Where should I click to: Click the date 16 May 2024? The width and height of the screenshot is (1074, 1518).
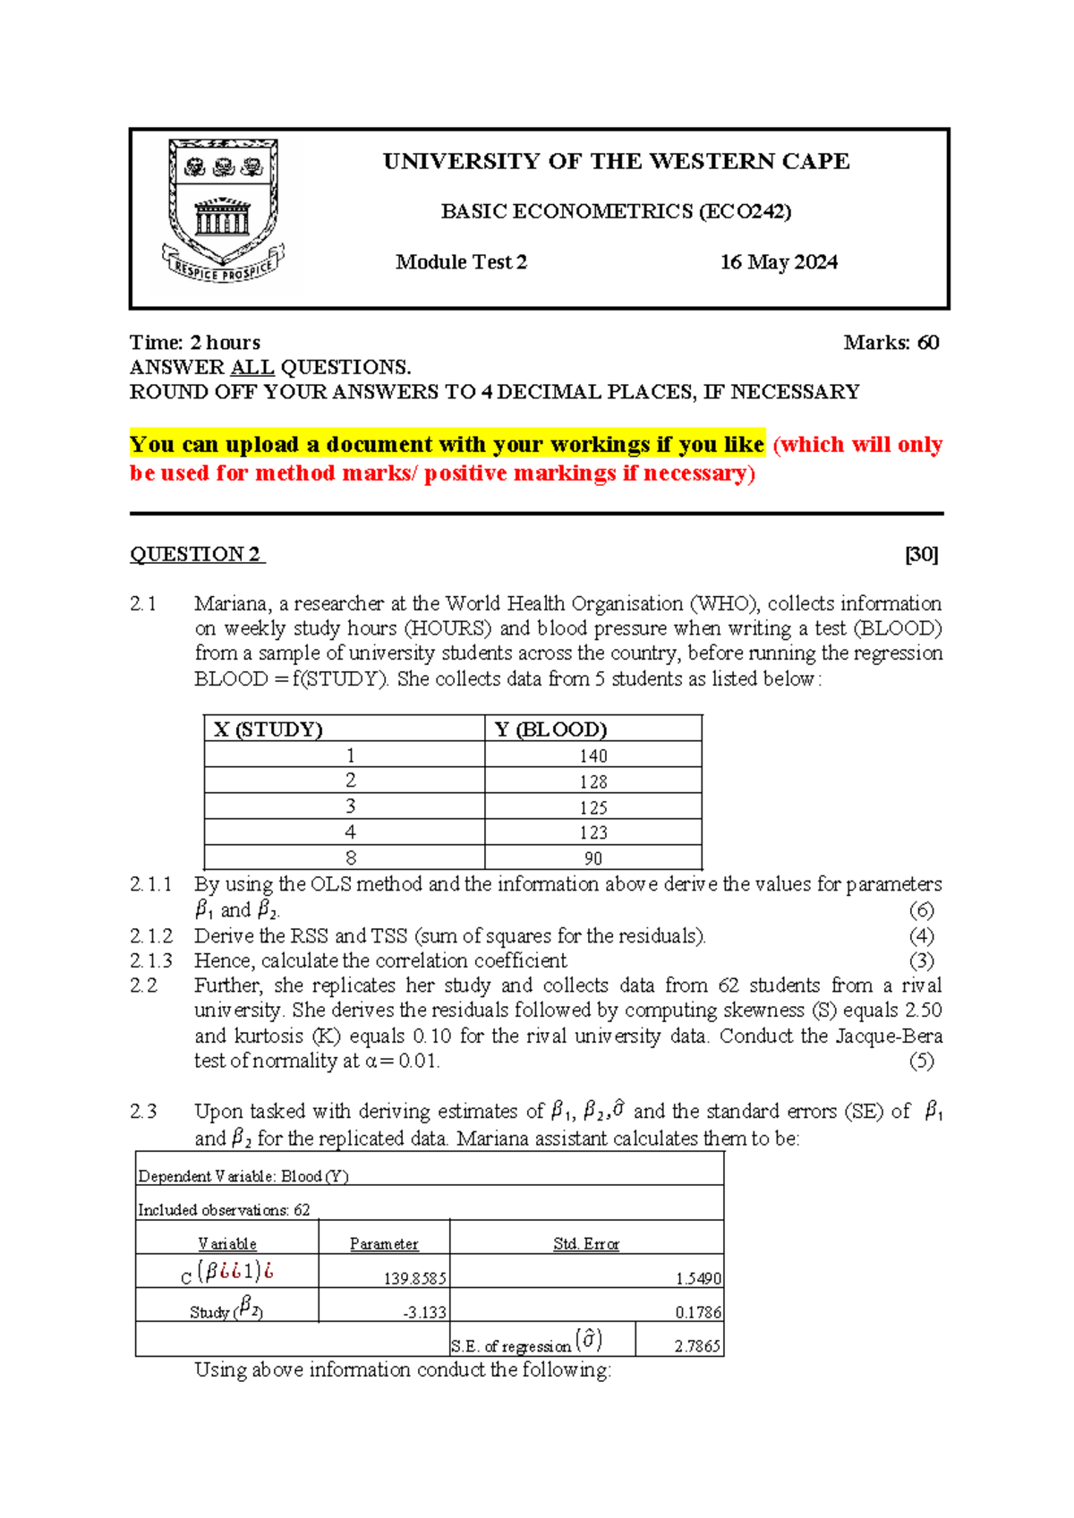tap(779, 262)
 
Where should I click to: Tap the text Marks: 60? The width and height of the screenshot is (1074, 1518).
tap(891, 343)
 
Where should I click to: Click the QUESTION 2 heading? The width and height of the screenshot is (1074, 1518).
tap(196, 555)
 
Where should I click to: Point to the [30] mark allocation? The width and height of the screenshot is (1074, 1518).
tap(921, 555)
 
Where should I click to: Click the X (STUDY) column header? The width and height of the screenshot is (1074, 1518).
tap(268, 729)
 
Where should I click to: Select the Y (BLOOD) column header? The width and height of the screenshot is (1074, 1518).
tap(550, 729)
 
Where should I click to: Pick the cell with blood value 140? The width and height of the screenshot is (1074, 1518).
tap(592, 756)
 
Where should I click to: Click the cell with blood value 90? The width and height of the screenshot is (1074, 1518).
tap(592, 858)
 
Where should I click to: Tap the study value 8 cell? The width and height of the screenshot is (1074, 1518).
tap(351, 858)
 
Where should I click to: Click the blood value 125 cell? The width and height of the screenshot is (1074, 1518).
tap(592, 807)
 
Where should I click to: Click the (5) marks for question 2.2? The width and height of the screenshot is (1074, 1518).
tap(921, 1062)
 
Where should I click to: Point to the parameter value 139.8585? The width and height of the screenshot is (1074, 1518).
tap(414, 1279)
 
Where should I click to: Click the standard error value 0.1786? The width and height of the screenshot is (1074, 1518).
tap(698, 1313)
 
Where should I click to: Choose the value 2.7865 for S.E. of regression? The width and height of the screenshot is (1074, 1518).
tap(697, 1346)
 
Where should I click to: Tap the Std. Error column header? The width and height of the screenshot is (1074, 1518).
tap(586, 1244)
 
